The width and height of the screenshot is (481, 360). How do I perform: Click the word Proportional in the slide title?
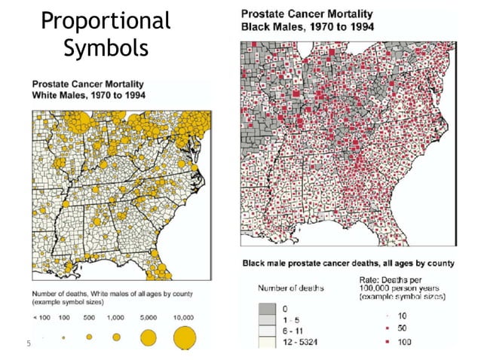click(x=106, y=20)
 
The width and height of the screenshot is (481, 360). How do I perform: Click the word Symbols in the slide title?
click(x=106, y=49)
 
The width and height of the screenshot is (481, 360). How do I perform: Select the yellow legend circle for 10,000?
click(x=185, y=337)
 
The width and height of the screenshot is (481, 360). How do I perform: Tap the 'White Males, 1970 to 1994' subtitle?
click(x=88, y=96)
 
